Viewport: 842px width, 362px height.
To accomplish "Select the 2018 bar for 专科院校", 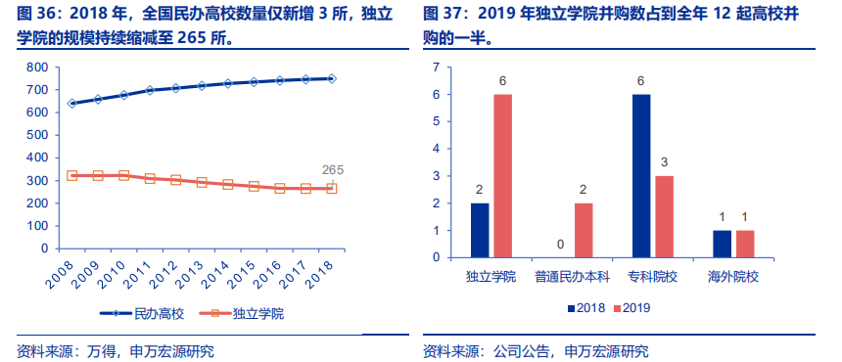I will [642, 176].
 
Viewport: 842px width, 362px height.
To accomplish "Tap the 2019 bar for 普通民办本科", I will [584, 231].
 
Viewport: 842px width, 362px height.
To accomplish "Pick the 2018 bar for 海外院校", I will [722, 245].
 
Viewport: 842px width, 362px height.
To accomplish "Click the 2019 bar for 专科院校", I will [664, 217].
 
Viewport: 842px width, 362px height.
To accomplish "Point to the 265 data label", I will [333, 170].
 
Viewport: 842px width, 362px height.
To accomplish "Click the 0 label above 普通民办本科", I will [561, 247].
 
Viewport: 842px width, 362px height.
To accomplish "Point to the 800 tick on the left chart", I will [37, 68].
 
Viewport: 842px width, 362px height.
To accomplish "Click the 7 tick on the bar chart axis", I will [436, 68].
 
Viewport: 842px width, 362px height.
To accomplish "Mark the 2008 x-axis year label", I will [62, 270].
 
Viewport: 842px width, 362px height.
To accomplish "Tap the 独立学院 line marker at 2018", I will [331, 188].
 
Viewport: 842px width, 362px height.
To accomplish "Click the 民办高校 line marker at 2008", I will [71, 103].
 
